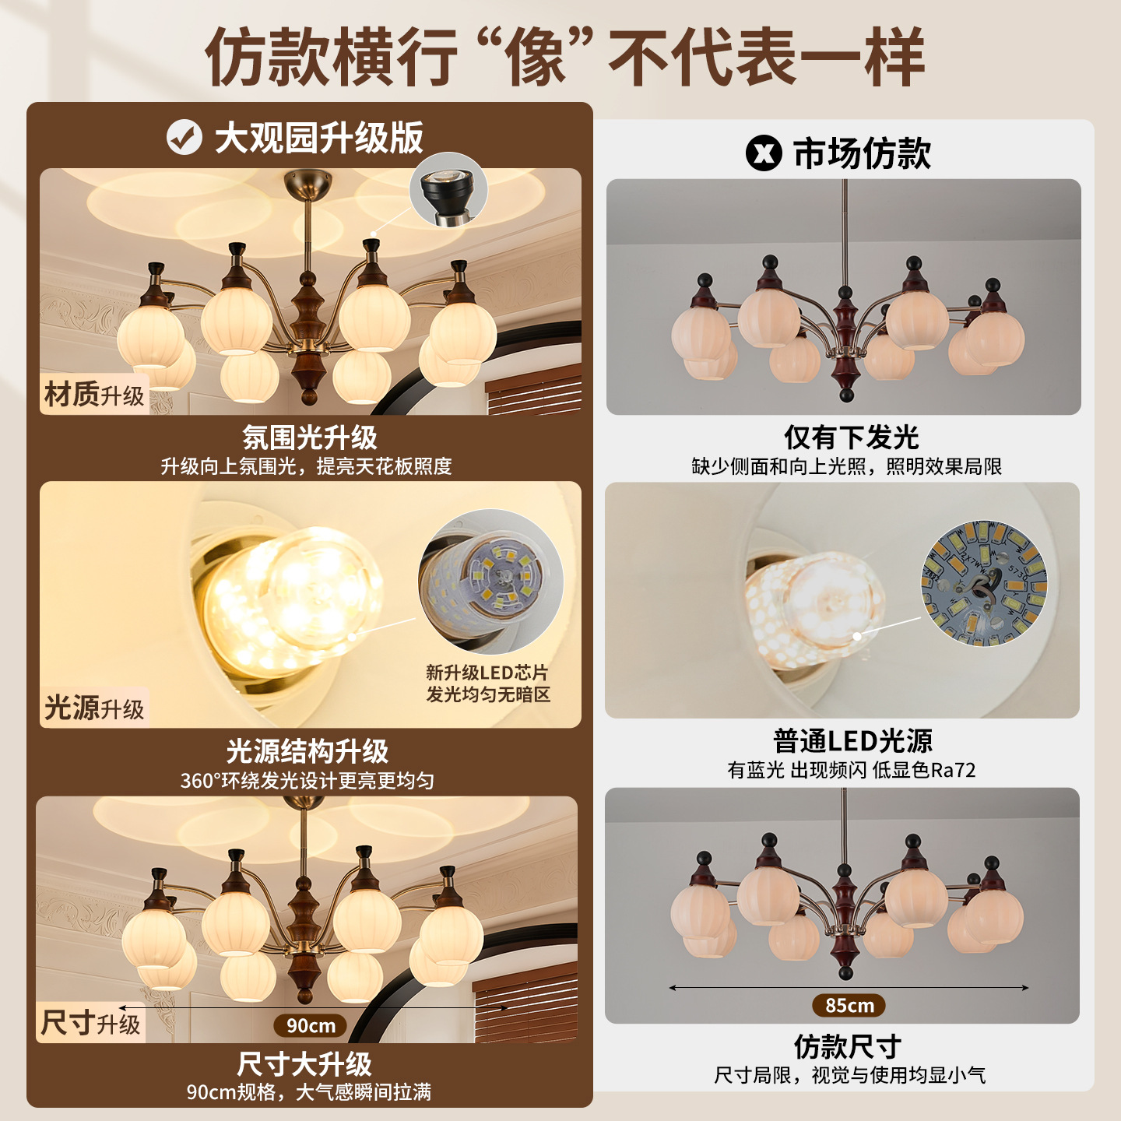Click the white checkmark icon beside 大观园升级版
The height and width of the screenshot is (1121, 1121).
tap(184, 137)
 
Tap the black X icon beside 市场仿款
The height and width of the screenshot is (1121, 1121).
tap(763, 153)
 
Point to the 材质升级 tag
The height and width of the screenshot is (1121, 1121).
tap(93, 395)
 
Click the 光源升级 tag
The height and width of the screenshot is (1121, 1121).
tap(93, 708)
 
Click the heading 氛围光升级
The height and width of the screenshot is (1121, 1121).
tap(310, 438)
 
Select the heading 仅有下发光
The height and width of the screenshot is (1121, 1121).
tap(851, 438)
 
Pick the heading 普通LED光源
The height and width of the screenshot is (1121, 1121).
tap(852, 740)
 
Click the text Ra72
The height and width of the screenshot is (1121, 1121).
tap(953, 770)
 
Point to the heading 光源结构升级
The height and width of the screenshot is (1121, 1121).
tap(307, 751)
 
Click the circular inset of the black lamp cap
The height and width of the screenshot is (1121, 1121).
tap(448, 191)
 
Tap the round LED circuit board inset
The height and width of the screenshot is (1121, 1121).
tap(984, 584)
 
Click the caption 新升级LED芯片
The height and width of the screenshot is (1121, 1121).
tap(487, 673)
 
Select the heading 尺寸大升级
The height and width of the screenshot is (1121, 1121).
tap(304, 1064)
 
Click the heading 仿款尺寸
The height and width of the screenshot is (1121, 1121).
tap(848, 1047)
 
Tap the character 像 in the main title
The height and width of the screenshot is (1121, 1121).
tap(535, 57)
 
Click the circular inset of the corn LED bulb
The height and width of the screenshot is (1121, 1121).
tap(491, 582)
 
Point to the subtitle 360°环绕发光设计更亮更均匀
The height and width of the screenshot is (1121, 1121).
tap(307, 780)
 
